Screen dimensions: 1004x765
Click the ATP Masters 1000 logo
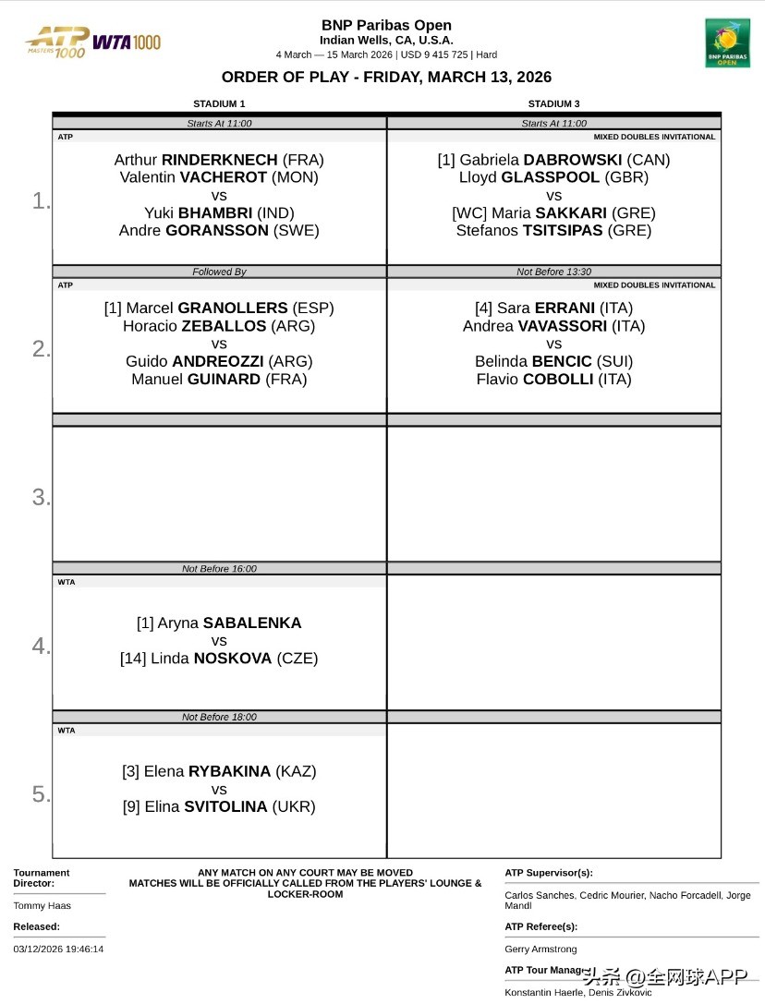[x=57, y=42]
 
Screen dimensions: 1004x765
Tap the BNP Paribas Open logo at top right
[x=727, y=42]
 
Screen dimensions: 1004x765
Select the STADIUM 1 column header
[x=219, y=104]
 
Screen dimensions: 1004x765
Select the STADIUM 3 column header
[x=553, y=104]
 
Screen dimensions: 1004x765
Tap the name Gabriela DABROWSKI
[x=553, y=160]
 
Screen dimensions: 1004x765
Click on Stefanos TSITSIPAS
[x=553, y=231]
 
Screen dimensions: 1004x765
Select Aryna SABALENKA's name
[x=219, y=623]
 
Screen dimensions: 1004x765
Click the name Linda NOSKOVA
[x=219, y=659]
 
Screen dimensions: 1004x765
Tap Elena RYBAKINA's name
[x=219, y=771]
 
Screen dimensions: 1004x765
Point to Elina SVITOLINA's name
[x=219, y=806]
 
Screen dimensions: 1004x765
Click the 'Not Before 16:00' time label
[x=219, y=569]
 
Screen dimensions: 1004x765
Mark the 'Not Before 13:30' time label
[x=553, y=272]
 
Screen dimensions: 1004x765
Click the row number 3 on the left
[x=41, y=497]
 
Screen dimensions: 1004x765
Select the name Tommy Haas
[x=42, y=906]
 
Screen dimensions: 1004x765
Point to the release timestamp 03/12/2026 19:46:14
[x=58, y=949]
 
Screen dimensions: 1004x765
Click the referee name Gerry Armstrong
[x=540, y=950]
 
